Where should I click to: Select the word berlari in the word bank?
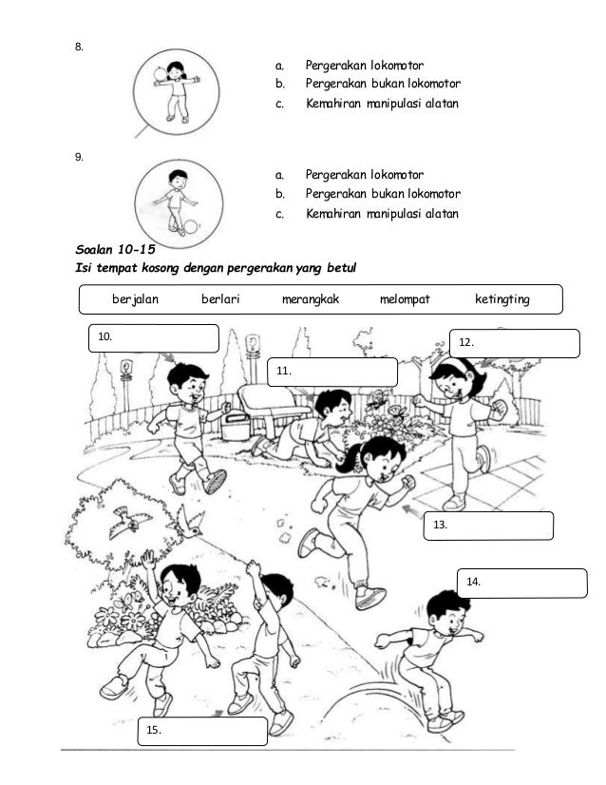tap(220, 299)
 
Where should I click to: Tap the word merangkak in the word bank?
tap(311, 299)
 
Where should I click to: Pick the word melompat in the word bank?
tap(405, 299)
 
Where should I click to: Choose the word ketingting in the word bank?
tap(502, 299)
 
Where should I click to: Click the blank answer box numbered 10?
tap(154, 337)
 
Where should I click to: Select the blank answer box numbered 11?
tap(331, 373)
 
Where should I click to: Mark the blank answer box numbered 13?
tap(487, 526)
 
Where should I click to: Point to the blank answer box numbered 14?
tap(523, 583)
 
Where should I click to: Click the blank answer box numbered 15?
tap(203, 731)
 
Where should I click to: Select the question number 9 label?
tap(80, 157)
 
